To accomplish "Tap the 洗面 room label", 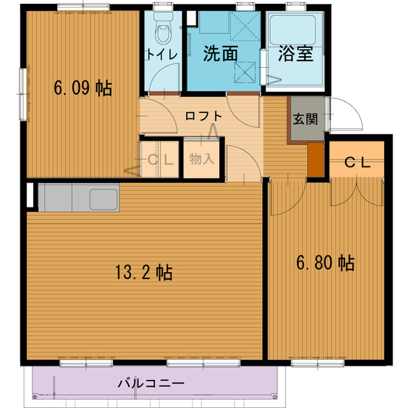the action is (220, 54).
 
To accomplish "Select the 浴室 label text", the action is (295, 54).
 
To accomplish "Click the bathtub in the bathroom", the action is (293, 30).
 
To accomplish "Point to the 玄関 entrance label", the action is (305, 119).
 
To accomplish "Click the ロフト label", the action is (203, 116).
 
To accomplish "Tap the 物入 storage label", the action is (202, 158).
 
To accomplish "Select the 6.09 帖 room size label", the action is (82, 88).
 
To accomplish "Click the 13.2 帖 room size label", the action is (144, 272).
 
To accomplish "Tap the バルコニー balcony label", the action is (151, 383).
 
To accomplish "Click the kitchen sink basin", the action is (104, 199).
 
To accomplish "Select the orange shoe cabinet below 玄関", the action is (315, 160).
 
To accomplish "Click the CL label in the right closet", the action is (357, 163).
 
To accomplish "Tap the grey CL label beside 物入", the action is (160, 160).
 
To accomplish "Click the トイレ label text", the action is (162, 54).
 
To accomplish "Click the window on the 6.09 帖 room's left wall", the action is (23, 94).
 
